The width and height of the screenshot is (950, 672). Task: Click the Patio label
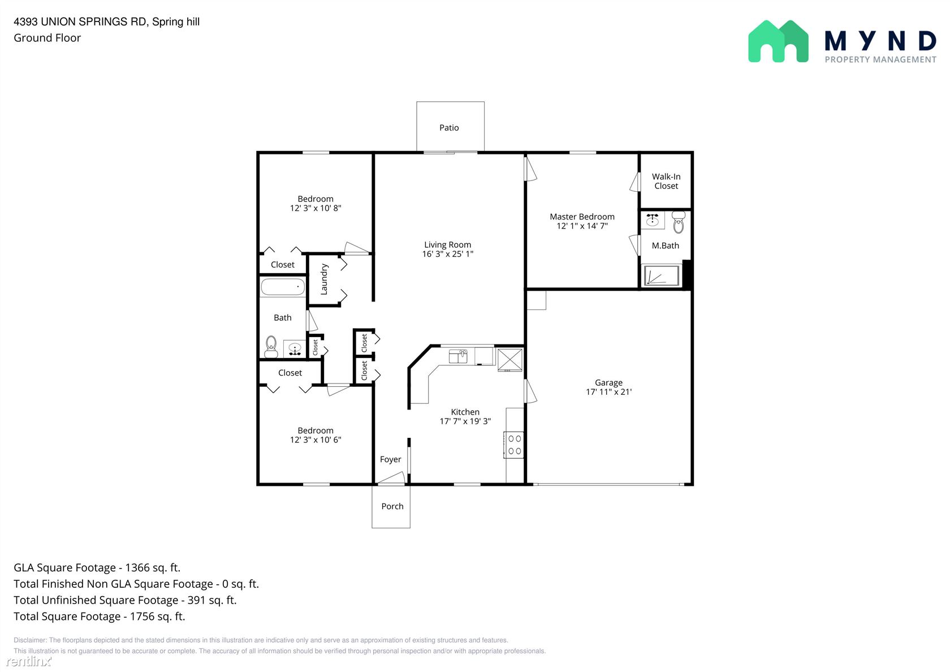(x=449, y=128)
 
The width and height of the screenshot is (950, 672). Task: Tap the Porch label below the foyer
(x=392, y=506)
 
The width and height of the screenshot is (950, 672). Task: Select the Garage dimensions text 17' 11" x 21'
(x=608, y=392)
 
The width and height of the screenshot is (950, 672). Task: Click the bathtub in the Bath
(x=283, y=287)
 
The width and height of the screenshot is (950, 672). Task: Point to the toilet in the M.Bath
(x=679, y=222)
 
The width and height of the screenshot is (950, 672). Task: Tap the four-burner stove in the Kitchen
(x=513, y=445)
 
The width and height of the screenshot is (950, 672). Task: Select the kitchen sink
(x=458, y=356)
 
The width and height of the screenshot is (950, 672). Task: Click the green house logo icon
(x=778, y=41)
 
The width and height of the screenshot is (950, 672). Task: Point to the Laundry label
(x=324, y=279)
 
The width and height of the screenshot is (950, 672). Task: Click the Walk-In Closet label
(x=666, y=181)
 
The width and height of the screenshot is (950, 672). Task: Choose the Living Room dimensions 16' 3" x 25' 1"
(x=447, y=253)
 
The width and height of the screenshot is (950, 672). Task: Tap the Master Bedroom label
(x=582, y=216)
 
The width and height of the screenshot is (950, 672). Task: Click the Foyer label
(x=390, y=459)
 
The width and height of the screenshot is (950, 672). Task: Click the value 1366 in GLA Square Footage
(x=137, y=568)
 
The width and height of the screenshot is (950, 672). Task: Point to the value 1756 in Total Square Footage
(x=142, y=617)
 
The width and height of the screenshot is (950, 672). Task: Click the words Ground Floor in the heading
(x=47, y=38)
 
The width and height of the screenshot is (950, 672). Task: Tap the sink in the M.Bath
(x=653, y=220)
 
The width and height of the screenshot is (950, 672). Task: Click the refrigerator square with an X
(x=510, y=360)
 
